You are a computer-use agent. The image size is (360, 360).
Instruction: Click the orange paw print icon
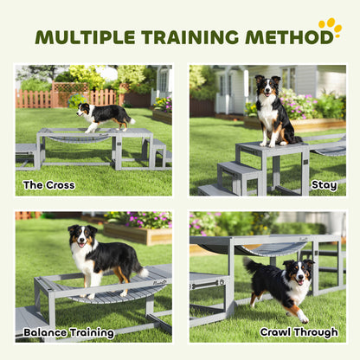330,29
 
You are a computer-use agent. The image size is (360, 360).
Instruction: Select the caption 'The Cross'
48,184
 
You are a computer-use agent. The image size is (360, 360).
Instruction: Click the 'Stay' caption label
325,184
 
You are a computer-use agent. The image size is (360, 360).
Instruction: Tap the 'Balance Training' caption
69,332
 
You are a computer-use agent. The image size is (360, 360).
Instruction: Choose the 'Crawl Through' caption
299,332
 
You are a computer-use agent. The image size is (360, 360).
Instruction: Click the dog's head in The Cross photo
84,110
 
